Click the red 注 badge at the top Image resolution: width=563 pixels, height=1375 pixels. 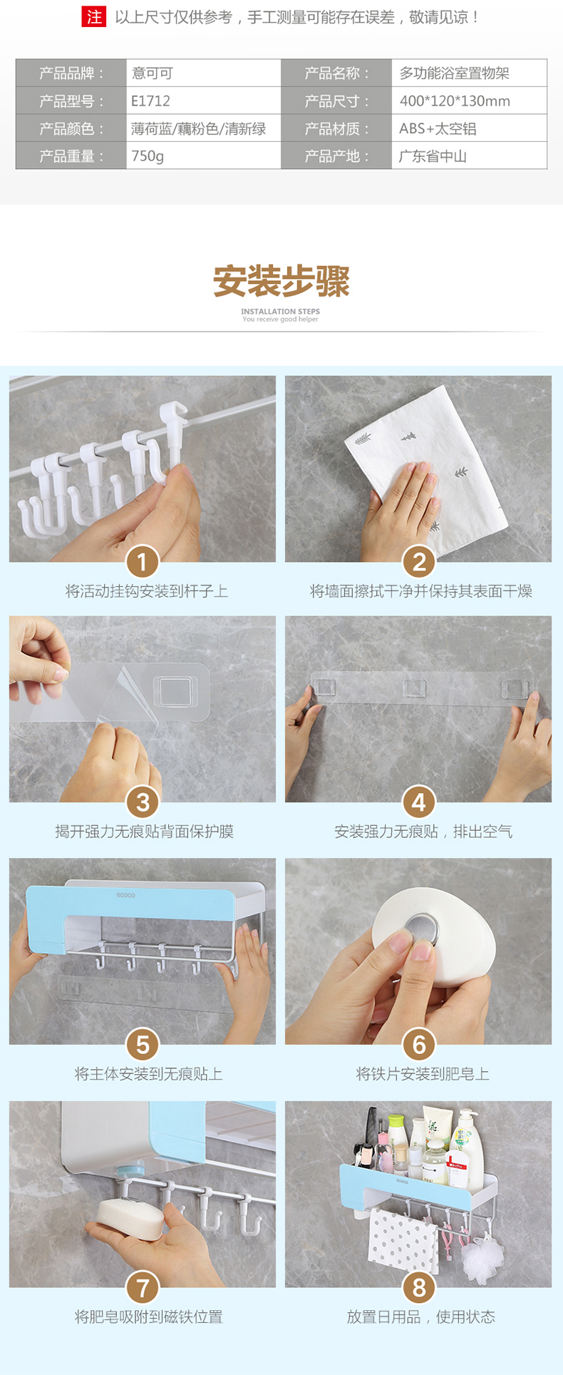(94, 17)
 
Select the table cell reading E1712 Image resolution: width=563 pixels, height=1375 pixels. (203, 101)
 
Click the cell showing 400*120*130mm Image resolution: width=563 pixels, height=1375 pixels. (469, 101)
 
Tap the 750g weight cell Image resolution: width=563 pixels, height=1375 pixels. (203, 155)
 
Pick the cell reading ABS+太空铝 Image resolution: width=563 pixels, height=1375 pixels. (469, 128)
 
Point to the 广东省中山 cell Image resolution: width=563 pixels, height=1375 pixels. (469, 155)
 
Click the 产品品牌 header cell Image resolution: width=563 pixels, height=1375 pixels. (71, 73)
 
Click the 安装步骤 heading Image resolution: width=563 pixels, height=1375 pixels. (281, 282)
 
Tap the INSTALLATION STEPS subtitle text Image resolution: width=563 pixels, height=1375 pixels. (280, 311)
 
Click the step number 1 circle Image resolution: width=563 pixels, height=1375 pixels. (143, 563)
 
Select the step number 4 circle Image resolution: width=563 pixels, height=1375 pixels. (418, 803)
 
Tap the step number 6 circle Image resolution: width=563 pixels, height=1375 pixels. (418, 1045)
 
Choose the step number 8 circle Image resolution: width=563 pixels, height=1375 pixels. (418, 1287)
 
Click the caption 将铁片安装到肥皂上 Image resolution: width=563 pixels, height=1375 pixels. (423, 1074)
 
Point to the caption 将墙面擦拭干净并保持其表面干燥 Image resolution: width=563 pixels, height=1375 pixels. (420, 591)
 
